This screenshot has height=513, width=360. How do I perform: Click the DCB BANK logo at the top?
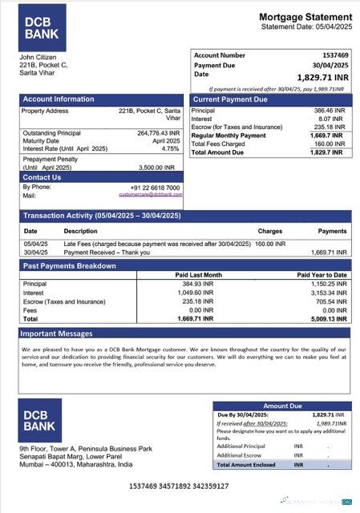pos(42,27)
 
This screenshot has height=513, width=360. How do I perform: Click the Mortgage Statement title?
pos(305,17)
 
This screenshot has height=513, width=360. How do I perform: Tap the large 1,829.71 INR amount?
pos(323,77)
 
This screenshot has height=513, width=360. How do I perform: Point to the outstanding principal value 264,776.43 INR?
pos(158,133)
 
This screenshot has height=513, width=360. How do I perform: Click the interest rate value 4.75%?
pos(170,148)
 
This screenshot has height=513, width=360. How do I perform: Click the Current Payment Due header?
pos(229,99)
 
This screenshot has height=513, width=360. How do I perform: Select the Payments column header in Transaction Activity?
pos(332,231)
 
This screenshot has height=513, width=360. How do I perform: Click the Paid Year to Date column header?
pos(322,275)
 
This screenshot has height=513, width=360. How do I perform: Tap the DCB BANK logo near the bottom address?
pos(42,419)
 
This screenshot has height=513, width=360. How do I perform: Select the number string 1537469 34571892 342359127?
pos(178,486)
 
